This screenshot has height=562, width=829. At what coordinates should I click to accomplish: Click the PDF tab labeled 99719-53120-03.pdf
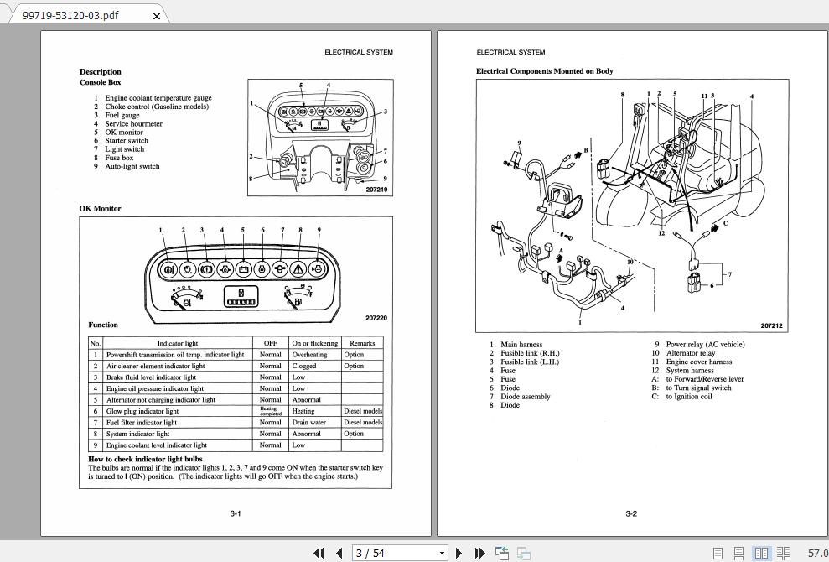coord(70,15)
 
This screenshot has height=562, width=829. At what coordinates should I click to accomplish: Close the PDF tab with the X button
coord(157,15)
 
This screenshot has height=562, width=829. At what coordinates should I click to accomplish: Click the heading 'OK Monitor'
coord(101,208)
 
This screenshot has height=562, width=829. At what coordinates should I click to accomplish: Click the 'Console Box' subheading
coord(101,82)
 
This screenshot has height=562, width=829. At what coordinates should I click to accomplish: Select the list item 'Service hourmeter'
coord(133,123)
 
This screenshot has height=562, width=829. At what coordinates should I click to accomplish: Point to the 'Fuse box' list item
coord(119,158)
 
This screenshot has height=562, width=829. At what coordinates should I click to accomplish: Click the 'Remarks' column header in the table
coord(362,343)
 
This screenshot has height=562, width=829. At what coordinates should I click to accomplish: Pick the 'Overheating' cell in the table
coord(309,355)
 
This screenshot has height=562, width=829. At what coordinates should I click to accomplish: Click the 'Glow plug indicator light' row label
coord(142,411)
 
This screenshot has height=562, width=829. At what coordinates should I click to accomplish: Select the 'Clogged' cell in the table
coord(304,366)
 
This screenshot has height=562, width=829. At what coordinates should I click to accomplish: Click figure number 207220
coord(376,318)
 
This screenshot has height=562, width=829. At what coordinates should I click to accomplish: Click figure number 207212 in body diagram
coord(771,325)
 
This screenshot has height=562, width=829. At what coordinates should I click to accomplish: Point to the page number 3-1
coord(236,513)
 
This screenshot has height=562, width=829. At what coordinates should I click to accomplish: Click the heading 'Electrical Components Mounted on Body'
coord(545,71)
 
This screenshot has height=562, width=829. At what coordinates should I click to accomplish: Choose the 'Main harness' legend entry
coord(521,344)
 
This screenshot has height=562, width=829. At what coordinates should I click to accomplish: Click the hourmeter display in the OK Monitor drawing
coord(241,298)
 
